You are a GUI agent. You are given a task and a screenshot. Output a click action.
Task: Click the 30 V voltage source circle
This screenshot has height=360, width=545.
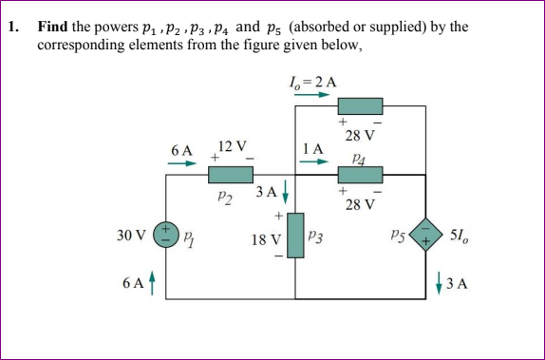166,233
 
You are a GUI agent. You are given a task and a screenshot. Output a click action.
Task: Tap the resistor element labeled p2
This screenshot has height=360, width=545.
230,175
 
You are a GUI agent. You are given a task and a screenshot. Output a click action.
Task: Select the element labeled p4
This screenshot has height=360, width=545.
361,175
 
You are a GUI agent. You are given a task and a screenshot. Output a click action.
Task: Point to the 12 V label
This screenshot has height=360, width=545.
232,146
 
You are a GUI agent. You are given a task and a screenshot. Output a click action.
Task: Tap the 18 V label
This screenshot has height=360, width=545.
265,241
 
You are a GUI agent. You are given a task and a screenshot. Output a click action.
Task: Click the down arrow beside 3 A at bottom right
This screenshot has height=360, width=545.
441,283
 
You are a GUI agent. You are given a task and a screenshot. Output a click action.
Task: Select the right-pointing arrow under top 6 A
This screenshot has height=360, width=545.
182,162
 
